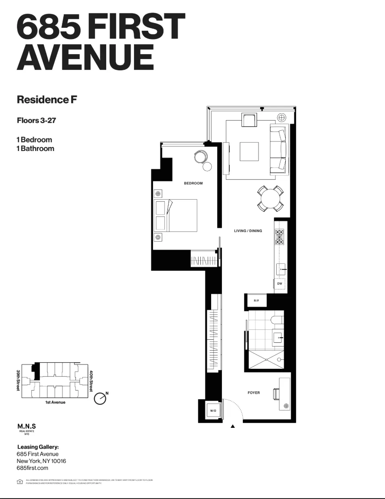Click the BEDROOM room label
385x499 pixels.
pyautogui.click(x=193, y=184)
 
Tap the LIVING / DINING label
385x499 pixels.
pyautogui.click(x=248, y=231)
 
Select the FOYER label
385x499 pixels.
pyautogui.click(x=254, y=393)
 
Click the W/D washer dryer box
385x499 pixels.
pyautogui.click(x=213, y=410)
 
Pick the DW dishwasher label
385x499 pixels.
pyautogui.click(x=280, y=284)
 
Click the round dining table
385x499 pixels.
pyautogui.click(x=271, y=199)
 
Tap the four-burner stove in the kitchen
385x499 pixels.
pyautogui.click(x=280, y=237)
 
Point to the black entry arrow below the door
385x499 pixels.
pyautogui.click(x=233, y=427)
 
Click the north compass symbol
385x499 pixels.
pyautogui.click(x=100, y=398)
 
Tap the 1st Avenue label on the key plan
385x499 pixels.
pyautogui.click(x=55, y=403)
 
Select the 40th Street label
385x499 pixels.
pyautogui.click(x=91, y=381)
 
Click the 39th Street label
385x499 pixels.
pyautogui.click(x=19, y=380)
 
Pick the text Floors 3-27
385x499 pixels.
pyautogui.click(x=36, y=120)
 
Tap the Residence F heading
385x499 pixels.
pyautogui.click(x=47, y=99)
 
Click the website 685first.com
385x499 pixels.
pyautogui.click(x=32, y=468)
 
